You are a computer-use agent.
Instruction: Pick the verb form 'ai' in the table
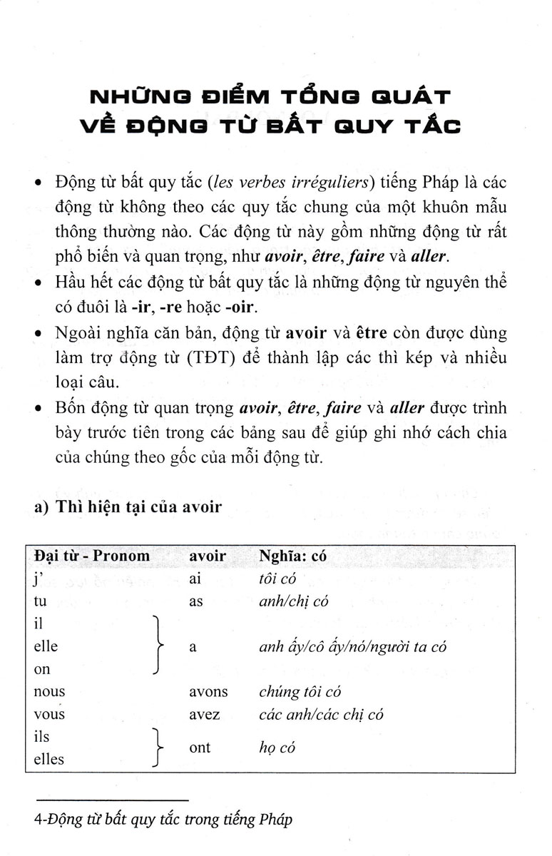pos(195,579)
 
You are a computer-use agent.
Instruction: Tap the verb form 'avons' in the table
pos(208,691)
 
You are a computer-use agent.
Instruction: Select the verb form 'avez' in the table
pos(205,713)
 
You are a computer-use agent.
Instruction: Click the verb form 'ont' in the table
pos(200,748)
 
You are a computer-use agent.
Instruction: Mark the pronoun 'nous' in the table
pos(49,691)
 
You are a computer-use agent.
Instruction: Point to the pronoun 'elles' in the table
pos(49,759)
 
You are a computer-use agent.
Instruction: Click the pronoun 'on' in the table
pos(42,669)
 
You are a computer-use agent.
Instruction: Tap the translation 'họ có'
pos(277,748)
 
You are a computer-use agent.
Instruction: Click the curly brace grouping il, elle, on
pos(158,646)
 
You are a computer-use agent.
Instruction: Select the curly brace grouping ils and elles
pos(158,748)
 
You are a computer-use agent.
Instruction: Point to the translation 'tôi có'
pos(277,579)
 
